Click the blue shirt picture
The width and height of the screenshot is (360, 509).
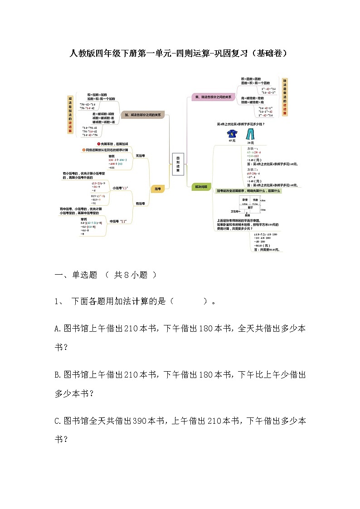coord(233,134)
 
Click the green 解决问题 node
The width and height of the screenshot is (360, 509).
coord(201,186)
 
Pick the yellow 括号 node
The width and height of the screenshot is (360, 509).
coord(157,189)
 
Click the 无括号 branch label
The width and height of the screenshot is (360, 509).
coord(141,155)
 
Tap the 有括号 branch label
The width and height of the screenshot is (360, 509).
coord(141,204)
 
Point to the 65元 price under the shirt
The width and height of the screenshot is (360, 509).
coord(232,141)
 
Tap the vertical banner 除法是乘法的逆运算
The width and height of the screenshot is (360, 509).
coord(285,97)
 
